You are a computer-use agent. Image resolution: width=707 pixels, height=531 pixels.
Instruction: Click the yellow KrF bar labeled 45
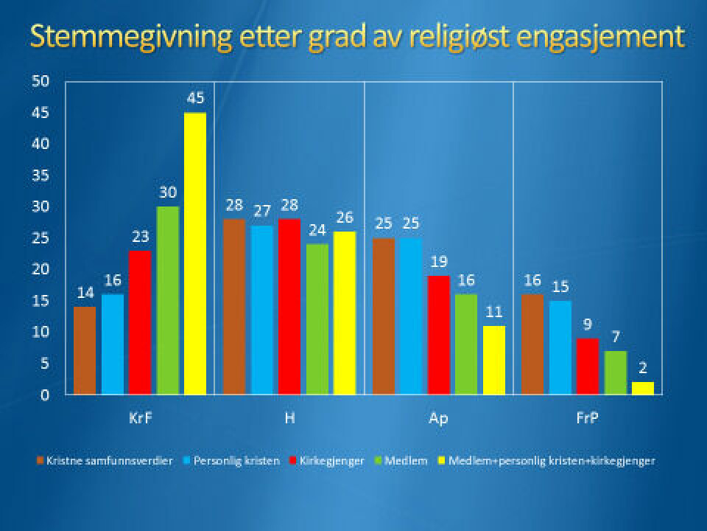tap(194, 254)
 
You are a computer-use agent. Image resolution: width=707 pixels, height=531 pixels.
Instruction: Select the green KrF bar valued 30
tap(167, 300)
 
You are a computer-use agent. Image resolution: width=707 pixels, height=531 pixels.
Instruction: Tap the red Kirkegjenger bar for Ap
tap(439, 335)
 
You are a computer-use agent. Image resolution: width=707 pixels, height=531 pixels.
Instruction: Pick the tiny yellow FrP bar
tap(643, 388)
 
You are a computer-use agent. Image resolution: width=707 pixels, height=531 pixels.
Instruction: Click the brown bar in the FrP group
tap(532, 344)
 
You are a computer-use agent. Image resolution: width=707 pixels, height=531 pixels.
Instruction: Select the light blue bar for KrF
tap(113, 344)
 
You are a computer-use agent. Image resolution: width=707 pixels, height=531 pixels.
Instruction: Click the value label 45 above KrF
tap(195, 99)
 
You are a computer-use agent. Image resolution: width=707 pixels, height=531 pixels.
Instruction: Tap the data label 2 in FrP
tap(642, 368)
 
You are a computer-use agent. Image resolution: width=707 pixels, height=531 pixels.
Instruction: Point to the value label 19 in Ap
tap(439, 262)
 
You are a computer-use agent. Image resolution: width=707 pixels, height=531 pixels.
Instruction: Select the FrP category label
tap(587, 418)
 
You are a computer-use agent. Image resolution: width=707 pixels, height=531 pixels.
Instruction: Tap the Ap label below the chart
tap(438, 418)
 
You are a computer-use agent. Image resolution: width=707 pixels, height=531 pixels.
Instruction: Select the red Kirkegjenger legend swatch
tap(295, 461)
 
